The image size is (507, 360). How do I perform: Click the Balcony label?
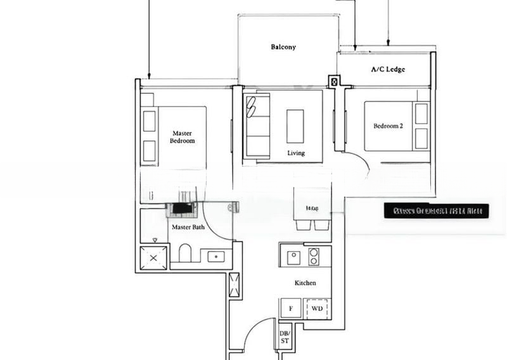point(283,47)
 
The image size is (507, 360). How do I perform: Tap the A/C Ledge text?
point(388,70)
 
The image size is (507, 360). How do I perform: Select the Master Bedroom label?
point(182,137)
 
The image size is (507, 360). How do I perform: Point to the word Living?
point(296,153)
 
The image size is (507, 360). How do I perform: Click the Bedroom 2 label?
point(388,126)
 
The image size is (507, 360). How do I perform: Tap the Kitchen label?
point(305,283)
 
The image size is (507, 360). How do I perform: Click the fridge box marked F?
point(291,309)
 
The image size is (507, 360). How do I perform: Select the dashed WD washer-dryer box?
point(317,309)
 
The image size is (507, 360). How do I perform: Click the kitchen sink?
point(293,257)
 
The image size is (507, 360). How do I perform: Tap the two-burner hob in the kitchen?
point(313,257)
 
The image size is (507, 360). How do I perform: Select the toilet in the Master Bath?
point(185,254)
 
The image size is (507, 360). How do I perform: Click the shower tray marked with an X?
point(153,257)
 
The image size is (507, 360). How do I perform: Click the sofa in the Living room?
point(257,125)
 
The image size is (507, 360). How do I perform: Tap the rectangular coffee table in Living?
point(295,126)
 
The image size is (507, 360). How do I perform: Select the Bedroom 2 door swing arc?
point(359,164)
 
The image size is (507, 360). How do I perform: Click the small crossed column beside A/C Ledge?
point(334,81)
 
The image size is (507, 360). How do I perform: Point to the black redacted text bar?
point(436,211)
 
